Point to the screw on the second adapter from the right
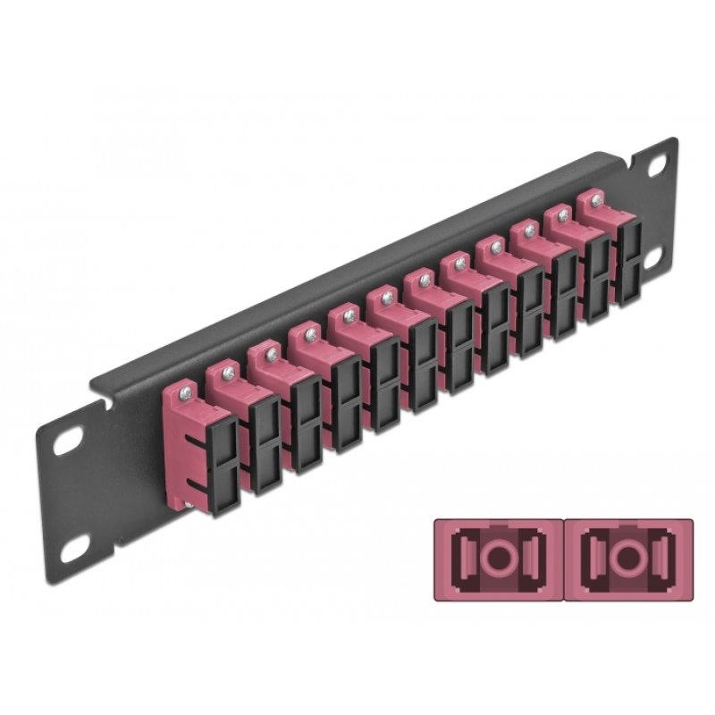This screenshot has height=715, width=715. pos(563,212)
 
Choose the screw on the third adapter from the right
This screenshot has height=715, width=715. pos(529,229)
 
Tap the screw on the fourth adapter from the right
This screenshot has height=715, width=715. pos(494,245)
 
